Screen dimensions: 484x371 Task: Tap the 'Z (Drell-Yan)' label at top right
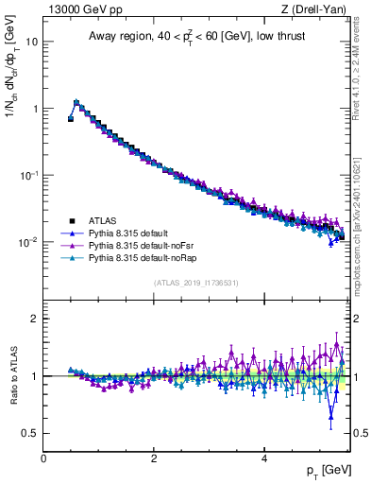319,10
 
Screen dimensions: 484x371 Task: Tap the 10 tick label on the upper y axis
31,42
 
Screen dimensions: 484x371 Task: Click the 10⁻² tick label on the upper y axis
28,242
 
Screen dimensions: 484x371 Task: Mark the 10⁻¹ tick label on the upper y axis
28,175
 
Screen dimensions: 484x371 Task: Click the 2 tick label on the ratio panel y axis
34,319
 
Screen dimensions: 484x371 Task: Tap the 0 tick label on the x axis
43,458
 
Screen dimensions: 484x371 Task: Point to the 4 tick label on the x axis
263,458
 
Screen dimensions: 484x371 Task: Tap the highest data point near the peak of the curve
76,102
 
